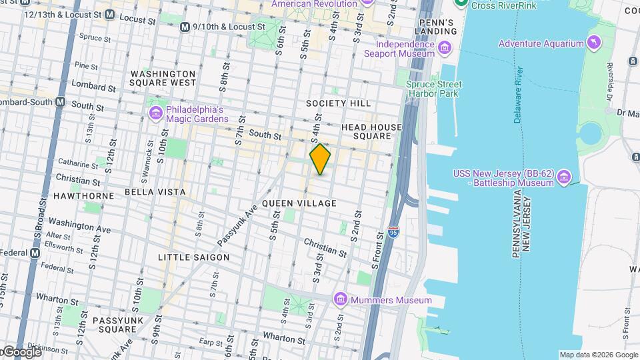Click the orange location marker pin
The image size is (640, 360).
click(x=320, y=159)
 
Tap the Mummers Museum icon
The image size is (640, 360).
click(x=341, y=300)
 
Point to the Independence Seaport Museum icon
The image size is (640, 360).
click(x=445, y=49)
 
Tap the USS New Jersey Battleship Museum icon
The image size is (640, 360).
click(x=564, y=177)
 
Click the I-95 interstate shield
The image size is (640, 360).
click(x=395, y=232)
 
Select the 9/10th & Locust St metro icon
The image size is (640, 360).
click(x=185, y=27)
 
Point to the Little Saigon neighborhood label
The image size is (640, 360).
click(x=193, y=257)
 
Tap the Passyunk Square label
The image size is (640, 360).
click(x=115, y=325)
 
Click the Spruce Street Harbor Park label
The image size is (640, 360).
click(x=434, y=89)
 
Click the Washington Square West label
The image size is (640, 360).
click(x=163, y=78)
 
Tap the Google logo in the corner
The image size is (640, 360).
click(x=22, y=352)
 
